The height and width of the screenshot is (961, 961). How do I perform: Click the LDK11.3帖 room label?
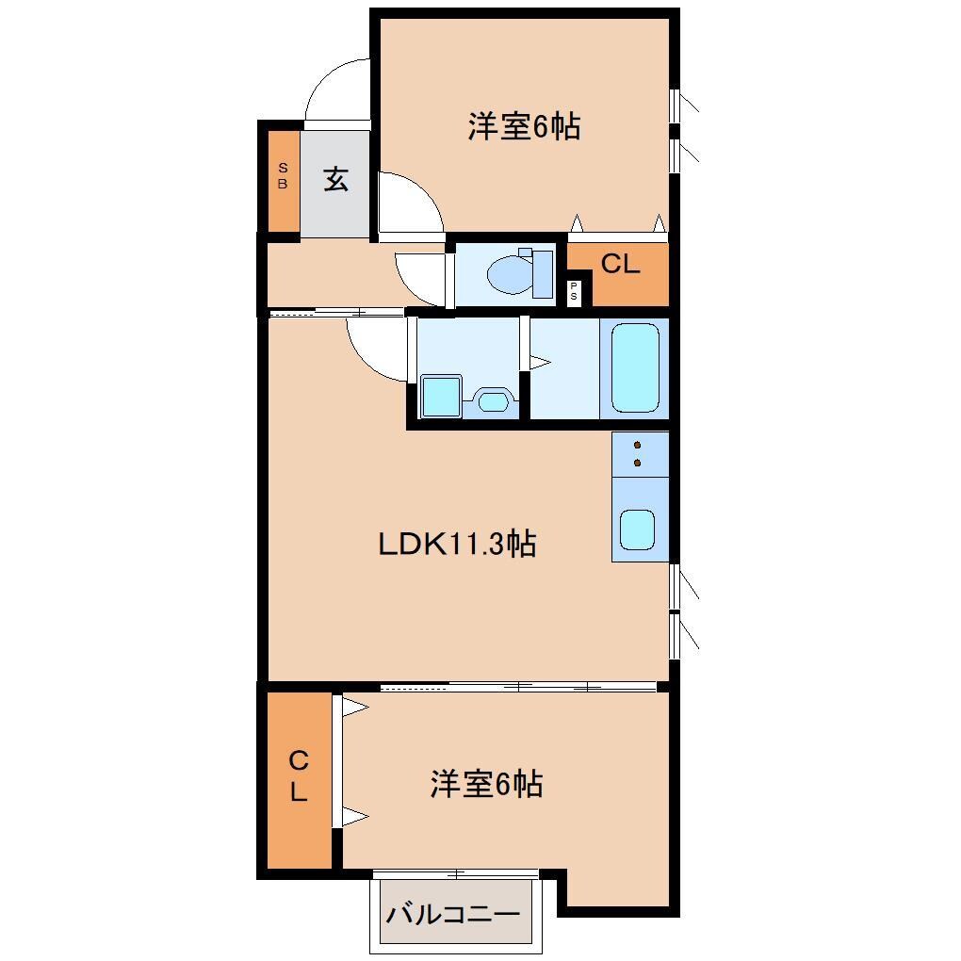(457, 544)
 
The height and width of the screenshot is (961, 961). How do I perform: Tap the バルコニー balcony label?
(453, 914)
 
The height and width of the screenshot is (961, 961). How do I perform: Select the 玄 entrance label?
(336, 179)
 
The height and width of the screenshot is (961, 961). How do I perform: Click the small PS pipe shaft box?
(575, 293)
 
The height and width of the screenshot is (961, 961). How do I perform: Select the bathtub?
(635, 367)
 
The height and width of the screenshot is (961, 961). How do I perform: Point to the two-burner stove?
(639, 453)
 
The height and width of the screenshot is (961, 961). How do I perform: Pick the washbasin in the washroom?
(492, 400)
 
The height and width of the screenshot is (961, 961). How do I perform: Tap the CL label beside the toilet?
(620, 265)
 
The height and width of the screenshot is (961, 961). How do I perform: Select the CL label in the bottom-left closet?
(298, 775)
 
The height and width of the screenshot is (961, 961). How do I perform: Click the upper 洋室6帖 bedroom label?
(523, 126)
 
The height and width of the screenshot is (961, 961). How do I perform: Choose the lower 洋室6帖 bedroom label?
(486, 784)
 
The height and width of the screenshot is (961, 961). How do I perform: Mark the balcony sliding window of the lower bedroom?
(456, 874)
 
